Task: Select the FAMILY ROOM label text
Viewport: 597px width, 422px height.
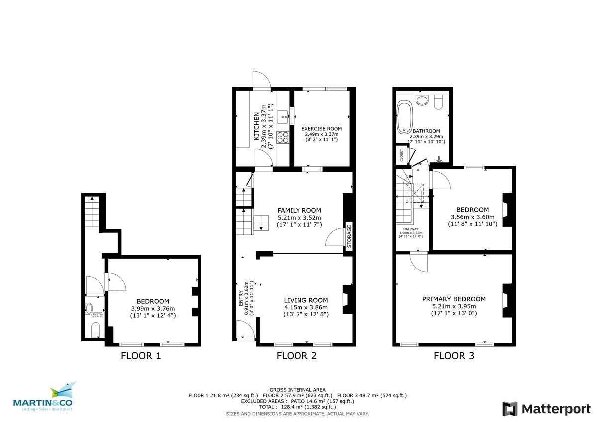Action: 299,210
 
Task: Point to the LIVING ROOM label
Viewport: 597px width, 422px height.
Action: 305,300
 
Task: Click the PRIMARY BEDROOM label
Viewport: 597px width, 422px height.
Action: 454,299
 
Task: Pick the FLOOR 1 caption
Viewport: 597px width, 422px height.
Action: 141,356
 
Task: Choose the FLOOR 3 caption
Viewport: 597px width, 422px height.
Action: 454,356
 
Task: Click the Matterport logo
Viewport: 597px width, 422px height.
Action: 546,409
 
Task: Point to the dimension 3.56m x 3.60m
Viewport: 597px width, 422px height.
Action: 472,217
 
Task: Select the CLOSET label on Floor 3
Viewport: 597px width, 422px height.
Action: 401,155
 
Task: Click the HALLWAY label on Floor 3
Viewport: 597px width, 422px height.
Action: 410,229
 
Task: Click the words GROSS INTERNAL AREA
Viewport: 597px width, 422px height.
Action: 298,389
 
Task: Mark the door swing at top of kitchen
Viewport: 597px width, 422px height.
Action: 261,80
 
